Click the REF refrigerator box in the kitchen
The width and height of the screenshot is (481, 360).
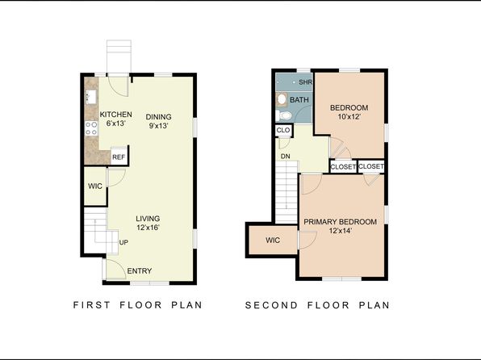point(119,157)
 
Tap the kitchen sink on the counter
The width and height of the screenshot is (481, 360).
point(91,96)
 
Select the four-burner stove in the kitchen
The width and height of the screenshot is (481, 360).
point(91,128)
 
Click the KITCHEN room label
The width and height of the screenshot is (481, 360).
point(116,115)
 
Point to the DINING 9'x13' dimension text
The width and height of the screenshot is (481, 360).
point(159,126)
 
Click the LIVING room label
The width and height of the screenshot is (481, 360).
point(148,219)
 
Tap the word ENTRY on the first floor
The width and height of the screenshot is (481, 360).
point(140,271)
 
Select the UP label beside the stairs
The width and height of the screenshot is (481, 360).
point(123,242)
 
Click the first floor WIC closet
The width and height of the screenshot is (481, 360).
point(95,186)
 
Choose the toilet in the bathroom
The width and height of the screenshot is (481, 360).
point(283,115)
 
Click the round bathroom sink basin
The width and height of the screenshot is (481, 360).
point(282,99)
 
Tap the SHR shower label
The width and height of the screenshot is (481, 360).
point(306,82)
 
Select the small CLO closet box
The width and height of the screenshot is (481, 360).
point(283,130)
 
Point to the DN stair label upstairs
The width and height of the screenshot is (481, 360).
point(285,157)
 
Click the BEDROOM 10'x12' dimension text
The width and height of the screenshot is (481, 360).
point(349,116)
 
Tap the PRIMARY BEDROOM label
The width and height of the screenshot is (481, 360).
point(341,222)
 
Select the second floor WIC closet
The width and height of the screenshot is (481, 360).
point(273,240)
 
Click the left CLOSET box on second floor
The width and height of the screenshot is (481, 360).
point(343,166)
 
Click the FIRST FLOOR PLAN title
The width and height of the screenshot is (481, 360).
point(138,305)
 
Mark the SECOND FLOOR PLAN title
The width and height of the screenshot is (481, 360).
point(317,305)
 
